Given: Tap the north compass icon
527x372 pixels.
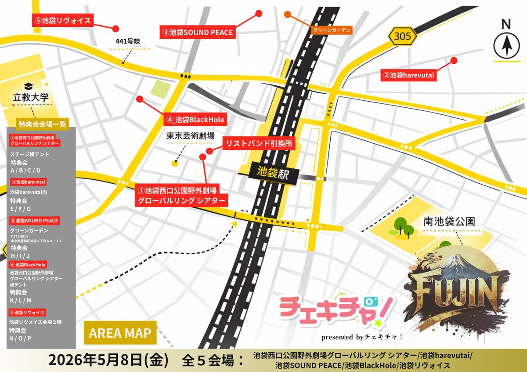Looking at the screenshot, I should coord(506,46).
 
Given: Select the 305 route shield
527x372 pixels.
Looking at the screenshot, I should coord(402,37).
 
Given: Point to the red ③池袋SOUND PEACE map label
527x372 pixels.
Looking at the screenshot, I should coord(198,32).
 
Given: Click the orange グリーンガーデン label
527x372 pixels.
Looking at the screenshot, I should coord(332,30).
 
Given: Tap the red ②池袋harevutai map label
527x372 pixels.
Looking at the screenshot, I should coord(409,75).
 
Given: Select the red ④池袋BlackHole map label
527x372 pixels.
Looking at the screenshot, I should coord(195,119).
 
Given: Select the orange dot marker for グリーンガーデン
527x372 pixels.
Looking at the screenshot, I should coord(287,15).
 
